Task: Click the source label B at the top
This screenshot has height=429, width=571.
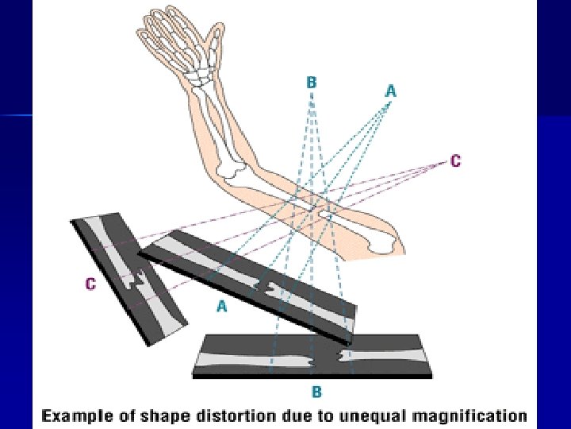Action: tap(312, 82)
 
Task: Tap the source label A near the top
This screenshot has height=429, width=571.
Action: tap(390, 91)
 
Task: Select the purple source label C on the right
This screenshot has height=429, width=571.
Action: tap(455, 160)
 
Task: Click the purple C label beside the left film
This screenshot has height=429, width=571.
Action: tap(91, 284)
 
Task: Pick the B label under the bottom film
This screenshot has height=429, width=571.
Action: tap(316, 391)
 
